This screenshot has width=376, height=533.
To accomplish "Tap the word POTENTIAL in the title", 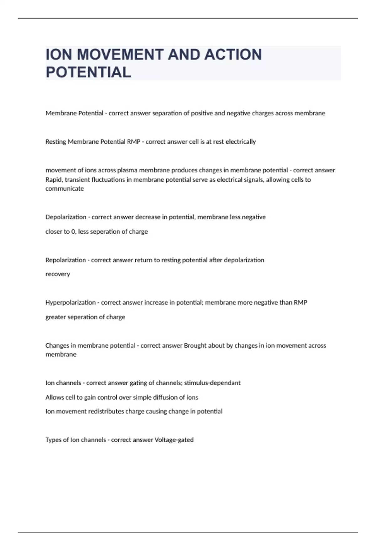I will click(x=88, y=72).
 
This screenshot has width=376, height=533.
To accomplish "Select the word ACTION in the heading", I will click(x=233, y=55).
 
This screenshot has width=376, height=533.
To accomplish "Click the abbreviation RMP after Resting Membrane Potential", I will click(x=134, y=142).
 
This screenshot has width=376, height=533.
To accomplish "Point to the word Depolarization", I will click(x=66, y=217).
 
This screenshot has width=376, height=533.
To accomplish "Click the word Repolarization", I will click(x=65, y=260).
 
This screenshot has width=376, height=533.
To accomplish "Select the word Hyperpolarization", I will click(x=70, y=303).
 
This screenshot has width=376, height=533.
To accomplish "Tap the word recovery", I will click(x=58, y=274).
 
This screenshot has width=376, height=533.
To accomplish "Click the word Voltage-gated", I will click(x=174, y=440).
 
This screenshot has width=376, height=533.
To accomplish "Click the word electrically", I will click(x=241, y=142).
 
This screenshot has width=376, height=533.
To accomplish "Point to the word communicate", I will click(x=65, y=188).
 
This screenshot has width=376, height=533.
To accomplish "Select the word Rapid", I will click(x=54, y=180).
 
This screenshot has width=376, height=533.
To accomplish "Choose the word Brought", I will click(x=195, y=346).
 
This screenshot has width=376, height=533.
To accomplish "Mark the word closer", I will click(x=54, y=232).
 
